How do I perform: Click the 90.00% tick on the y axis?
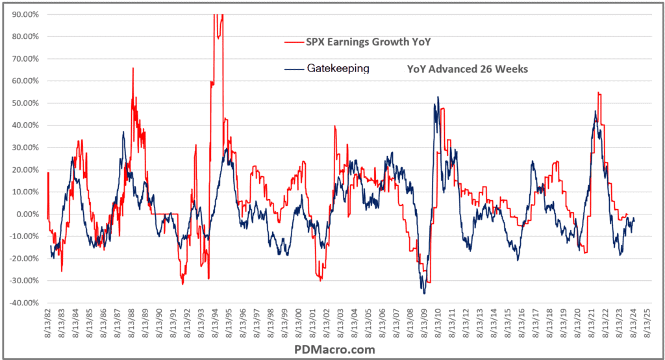tap(25, 14)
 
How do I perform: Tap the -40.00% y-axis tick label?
tap(24, 303)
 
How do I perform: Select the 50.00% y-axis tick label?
tap(25, 103)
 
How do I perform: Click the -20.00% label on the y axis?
tap(24, 259)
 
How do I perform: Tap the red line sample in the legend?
tap(294, 43)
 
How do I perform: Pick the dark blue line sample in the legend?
tap(294, 68)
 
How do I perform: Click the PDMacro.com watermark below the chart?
tap(334, 350)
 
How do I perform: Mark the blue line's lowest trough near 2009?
tap(424, 294)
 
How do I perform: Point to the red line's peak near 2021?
tap(598, 93)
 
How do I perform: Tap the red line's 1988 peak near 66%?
tap(133, 68)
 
